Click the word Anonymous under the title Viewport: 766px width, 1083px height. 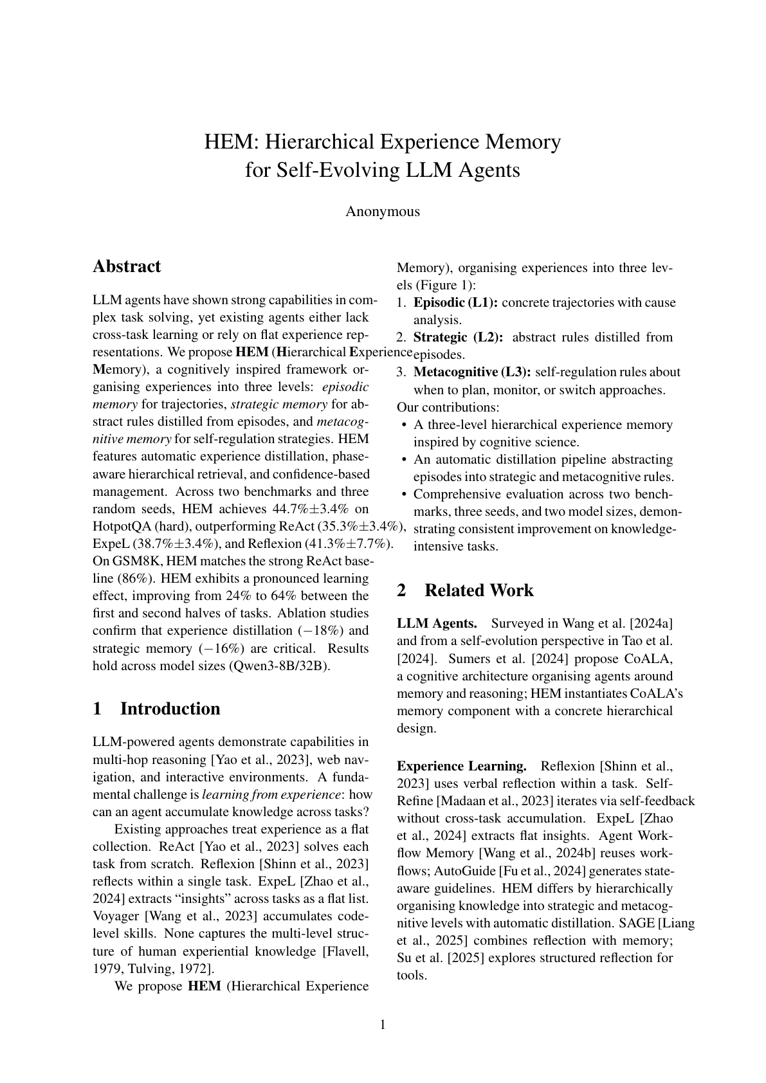[x=383, y=212]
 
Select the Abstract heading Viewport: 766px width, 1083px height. [x=127, y=266]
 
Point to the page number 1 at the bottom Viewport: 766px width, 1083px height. [x=383, y=1025]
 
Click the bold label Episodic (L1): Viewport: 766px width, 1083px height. [x=455, y=303]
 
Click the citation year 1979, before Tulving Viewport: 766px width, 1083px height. [x=107, y=969]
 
